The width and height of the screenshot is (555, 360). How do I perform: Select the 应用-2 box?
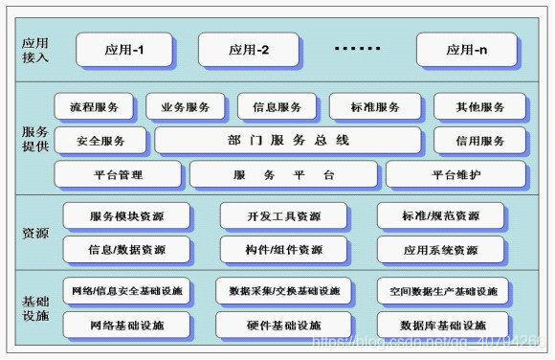248,49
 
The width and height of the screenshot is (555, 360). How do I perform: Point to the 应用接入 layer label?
34,49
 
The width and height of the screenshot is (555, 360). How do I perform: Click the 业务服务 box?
187,107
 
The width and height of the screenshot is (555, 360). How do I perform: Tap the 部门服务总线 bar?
288,141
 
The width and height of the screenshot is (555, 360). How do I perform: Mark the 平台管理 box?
118,175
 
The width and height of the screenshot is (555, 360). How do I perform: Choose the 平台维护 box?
455,175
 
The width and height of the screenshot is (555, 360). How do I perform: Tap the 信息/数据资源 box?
126,250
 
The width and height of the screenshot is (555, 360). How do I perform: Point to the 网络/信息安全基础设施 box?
126,291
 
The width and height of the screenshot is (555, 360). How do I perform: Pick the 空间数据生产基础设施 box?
436,291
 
